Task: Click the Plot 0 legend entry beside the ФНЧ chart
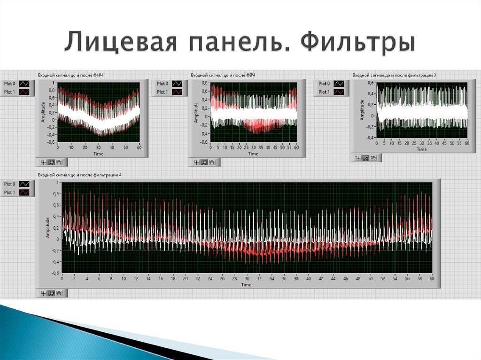9,84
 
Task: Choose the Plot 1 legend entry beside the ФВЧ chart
162,92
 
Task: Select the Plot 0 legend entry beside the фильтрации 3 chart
324,84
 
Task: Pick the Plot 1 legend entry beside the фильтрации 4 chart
9,192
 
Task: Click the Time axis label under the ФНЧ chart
98,153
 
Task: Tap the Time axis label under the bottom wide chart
246,284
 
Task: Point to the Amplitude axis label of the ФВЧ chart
196,113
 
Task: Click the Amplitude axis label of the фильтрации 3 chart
362,110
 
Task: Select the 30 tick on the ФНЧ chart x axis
98,147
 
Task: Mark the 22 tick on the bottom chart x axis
197,278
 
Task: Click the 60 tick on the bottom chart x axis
431,278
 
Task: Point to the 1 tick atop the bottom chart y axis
58,182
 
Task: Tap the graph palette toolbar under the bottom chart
52,293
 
